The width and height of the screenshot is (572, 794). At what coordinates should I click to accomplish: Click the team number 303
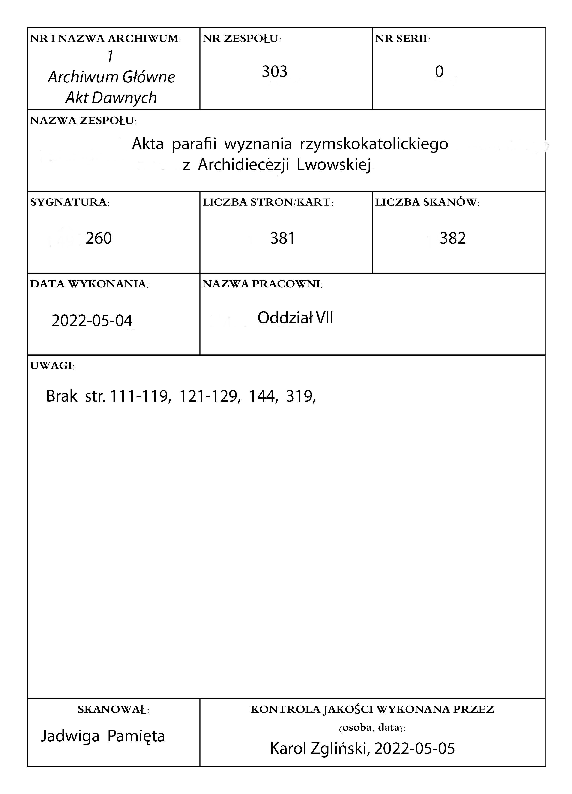click(x=274, y=72)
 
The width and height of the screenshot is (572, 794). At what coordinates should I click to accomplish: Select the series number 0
click(x=439, y=72)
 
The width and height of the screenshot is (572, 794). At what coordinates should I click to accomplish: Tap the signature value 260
click(x=99, y=239)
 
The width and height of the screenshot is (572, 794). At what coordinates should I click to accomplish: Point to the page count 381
click(x=282, y=239)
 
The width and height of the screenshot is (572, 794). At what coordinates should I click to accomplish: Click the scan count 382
click(x=453, y=239)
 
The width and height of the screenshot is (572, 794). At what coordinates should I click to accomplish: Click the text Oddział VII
click(x=295, y=318)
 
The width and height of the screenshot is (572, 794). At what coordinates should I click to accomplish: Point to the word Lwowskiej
click(x=334, y=165)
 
